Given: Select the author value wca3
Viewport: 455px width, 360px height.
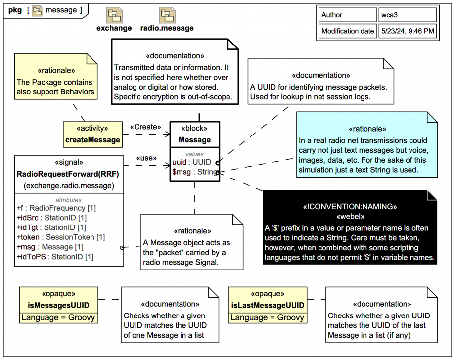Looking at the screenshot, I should pos(390,15).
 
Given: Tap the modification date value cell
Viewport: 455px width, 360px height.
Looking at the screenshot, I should pos(408,31).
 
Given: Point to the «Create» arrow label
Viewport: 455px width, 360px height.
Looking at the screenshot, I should pos(145,127).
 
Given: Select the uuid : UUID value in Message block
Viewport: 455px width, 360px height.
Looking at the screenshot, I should pos(192,162).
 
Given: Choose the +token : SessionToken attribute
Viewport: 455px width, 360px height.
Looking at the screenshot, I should pos(61,237).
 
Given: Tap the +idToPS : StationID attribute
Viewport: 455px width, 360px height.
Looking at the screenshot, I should pos(55,256).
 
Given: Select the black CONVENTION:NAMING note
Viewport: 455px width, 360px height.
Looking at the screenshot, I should pos(350,227).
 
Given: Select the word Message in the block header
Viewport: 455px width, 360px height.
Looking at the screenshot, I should pos(194,140).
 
